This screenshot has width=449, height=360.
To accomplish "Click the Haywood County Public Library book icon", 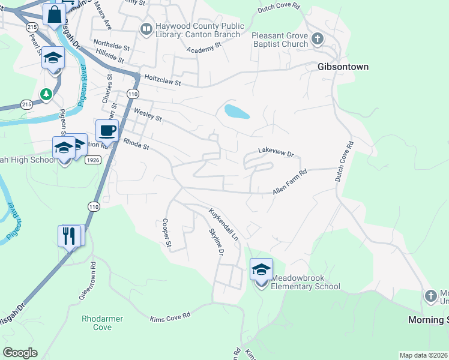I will [x=146, y=29].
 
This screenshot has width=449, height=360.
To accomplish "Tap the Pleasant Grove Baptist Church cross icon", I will [x=318, y=40].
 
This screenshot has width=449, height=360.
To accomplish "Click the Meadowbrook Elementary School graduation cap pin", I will [x=261, y=270].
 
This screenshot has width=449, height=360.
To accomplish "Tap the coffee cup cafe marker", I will [x=107, y=130].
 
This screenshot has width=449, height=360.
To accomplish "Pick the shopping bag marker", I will [x=54, y=14].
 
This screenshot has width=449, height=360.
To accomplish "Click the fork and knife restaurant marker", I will [x=69, y=235].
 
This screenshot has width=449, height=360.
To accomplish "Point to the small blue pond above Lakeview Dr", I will [x=237, y=111].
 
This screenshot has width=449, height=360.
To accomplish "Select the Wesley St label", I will [x=148, y=114].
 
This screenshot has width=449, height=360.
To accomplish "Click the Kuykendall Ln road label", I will [x=223, y=224].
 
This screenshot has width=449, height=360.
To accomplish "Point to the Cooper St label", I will [x=167, y=232].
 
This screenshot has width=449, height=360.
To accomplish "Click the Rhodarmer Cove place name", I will [x=97, y=323].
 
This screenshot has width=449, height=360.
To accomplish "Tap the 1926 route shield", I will [x=92, y=160].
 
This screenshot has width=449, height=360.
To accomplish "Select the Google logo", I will [x=20, y=353].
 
